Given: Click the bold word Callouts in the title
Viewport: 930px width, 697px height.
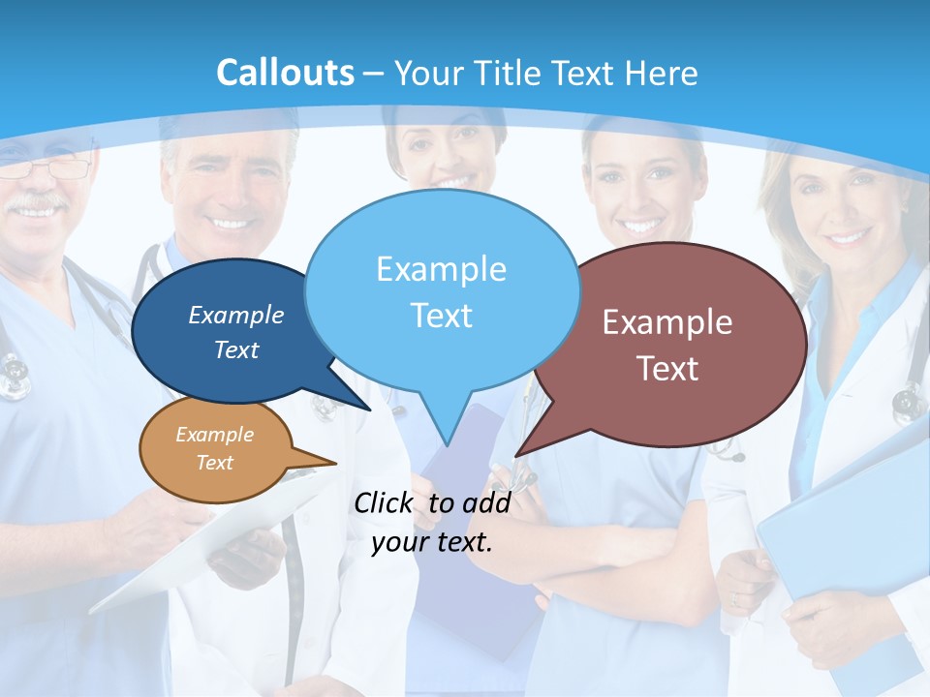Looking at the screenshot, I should point(285,73).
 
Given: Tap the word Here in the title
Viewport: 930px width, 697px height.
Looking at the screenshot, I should point(662,74).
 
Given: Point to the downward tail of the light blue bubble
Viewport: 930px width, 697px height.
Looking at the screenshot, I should point(447,426).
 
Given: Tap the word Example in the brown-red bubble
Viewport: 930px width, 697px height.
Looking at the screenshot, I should point(667,322).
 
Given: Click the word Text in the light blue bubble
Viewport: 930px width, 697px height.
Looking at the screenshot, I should point(441,316).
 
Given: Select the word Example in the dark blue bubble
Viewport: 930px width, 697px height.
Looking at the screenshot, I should point(236,315).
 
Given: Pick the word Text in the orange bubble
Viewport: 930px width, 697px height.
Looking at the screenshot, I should point(215,463).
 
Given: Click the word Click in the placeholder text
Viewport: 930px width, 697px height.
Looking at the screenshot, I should point(384,502).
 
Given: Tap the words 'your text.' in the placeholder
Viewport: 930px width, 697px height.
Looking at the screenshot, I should point(432,542).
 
